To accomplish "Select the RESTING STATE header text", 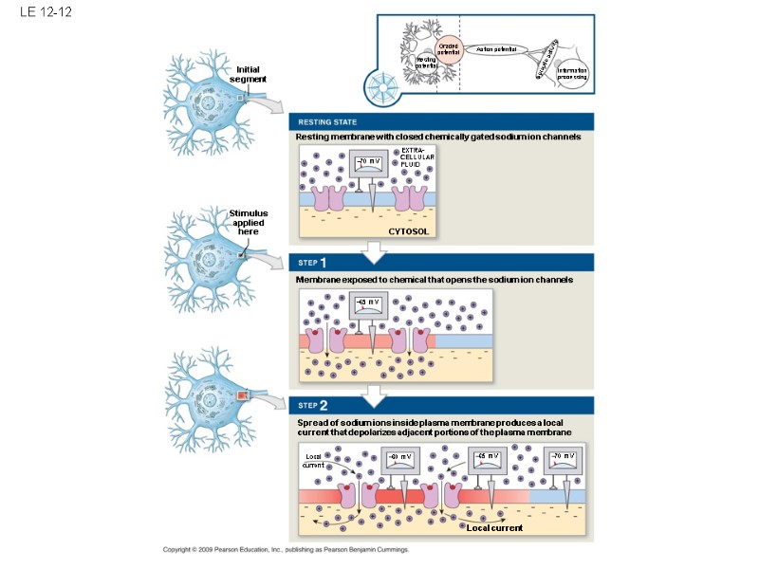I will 327,122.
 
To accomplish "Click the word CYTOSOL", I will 409,230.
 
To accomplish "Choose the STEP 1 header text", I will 312,263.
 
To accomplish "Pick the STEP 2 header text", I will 312,406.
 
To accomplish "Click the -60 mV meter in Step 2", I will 401,461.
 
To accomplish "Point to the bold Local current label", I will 495,528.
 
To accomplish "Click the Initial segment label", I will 248,74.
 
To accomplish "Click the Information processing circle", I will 573,74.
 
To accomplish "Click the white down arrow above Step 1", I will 377,249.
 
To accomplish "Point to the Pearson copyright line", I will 286,550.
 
